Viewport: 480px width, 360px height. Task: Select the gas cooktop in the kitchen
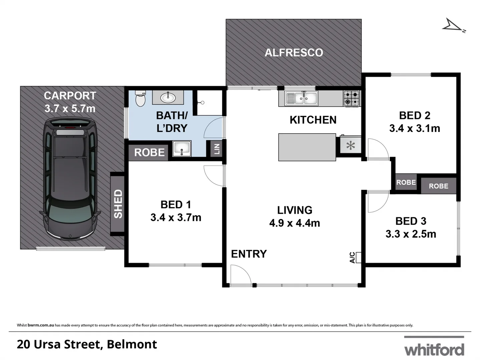pos(351,98)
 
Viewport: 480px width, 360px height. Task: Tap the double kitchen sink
pos(301,98)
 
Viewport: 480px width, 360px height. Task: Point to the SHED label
pos(118,204)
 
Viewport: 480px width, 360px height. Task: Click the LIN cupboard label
pos(217,149)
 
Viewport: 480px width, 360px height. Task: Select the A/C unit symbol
pos(359,257)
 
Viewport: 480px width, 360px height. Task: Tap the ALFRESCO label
pos(294,53)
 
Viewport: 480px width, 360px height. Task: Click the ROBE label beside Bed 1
pos(149,153)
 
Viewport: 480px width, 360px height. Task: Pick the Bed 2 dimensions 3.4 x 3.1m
pos(414,128)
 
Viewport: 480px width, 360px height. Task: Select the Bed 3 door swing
pos(377,202)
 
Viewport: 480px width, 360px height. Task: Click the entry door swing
pos(240,275)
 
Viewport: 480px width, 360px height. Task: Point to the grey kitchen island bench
pos(307,147)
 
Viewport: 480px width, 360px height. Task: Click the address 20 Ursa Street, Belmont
pos(87,344)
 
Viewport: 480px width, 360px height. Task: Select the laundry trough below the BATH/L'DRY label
pos(182,148)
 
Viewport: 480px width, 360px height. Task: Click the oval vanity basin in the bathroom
pos(168,97)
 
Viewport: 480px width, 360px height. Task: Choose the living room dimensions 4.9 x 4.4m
pos(294,223)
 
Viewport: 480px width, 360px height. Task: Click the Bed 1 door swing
pos(213,175)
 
